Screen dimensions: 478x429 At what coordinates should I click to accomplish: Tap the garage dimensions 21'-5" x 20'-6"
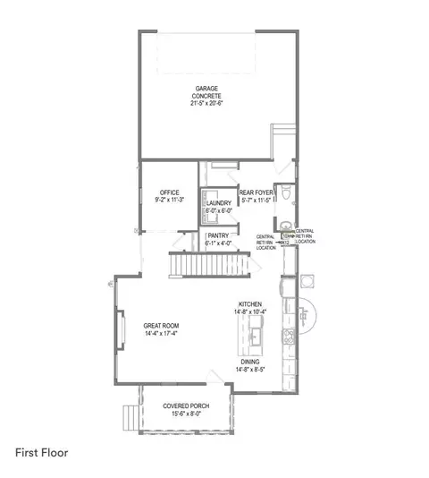pyautogui.click(x=209, y=104)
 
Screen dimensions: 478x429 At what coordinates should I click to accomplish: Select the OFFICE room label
pyautogui.click(x=170, y=192)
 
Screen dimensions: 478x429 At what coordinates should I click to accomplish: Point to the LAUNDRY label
pyautogui.click(x=219, y=204)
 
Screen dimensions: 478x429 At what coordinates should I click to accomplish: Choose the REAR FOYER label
pyautogui.click(x=255, y=192)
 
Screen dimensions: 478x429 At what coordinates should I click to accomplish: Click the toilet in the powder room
pyautogui.click(x=283, y=193)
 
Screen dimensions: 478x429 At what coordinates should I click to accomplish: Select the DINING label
pyautogui.click(x=249, y=362)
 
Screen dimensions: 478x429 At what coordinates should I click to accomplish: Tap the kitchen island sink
pyautogui.click(x=253, y=336)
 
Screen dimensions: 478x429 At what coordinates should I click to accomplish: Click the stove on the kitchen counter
pyautogui.click(x=288, y=337)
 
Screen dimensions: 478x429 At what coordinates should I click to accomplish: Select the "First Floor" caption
pyautogui.click(x=41, y=452)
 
